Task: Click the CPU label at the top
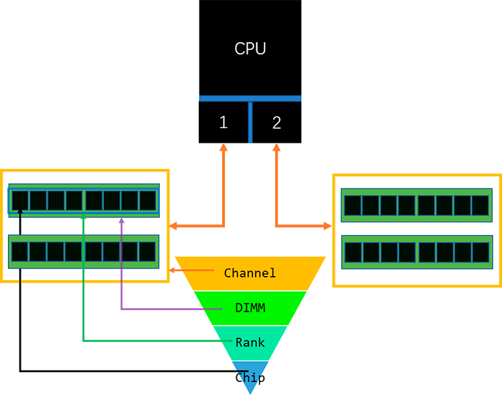[x=250, y=49]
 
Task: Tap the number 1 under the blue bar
[x=224, y=123]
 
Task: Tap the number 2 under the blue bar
[x=276, y=123]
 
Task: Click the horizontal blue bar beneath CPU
[x=250, y=98]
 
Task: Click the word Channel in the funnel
[x=250, y=273]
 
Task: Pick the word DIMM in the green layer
[x=250, y=308]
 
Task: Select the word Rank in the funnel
[x=250, y=342]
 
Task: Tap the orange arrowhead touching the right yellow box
[x=328, y=226]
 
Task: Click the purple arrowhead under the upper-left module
[x=121, y=220]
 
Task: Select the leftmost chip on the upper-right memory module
[x=352, y=205]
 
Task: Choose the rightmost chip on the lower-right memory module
[x=481, y=252]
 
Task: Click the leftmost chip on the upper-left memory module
[x=20, y=200]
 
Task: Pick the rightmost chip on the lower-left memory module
[x=147, y=251]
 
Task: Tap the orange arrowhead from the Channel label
[x=173, y=270]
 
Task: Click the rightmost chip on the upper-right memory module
[x=481, y=205]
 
